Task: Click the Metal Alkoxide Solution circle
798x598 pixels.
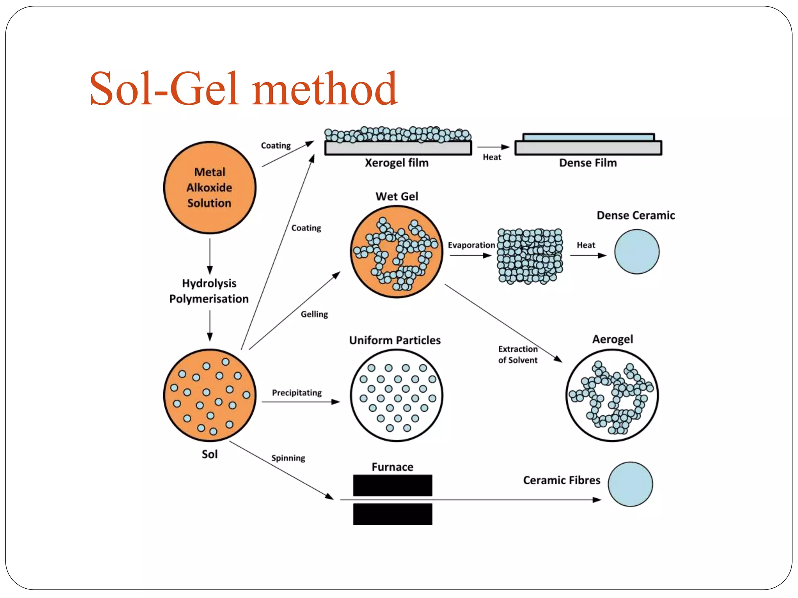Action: (x=210, y=187)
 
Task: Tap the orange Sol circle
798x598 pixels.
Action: (x=210, y=395)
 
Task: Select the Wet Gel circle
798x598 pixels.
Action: (x=396, y=252)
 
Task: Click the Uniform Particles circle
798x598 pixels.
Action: (x=396, y=395)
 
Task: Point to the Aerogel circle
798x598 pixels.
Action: (x=612, y=395)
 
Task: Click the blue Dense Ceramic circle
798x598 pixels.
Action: (x=637, y=252)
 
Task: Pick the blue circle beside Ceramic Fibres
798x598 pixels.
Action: (x=630, y=484)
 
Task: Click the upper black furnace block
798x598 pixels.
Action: (x=392, y=485)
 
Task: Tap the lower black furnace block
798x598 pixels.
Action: (x=392, y=514)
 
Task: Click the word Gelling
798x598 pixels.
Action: (x=314, y=314)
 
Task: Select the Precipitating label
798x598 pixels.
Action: (x=297, y=392)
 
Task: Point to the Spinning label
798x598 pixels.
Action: (x=288, y=458)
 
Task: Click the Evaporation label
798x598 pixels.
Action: (x=471, y=245)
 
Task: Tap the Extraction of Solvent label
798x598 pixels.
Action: (x=517, y=354)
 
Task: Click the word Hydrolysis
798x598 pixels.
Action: (x=209, y=283)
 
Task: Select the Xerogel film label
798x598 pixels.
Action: (x=396, y=163)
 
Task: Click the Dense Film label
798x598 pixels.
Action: (x=588, y=163)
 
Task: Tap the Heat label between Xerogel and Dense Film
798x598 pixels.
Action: (x=492, y=157)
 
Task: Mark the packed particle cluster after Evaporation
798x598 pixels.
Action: (x=530, y=255)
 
